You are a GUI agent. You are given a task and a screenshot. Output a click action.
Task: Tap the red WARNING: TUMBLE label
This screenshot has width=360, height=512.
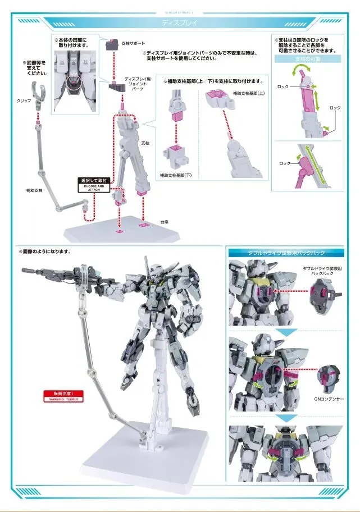pos(63,396)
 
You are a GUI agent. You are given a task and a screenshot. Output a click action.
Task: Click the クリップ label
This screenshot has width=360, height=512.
pos(24,100)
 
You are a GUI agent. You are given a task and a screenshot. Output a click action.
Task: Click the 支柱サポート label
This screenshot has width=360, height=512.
pos(133,43)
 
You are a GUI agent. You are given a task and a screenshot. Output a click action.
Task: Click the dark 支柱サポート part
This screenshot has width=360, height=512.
pos(111,43)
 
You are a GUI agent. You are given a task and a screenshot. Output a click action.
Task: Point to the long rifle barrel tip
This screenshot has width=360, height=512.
pos(25,271)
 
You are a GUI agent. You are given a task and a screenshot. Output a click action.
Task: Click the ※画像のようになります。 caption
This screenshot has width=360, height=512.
pos(48,252)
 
